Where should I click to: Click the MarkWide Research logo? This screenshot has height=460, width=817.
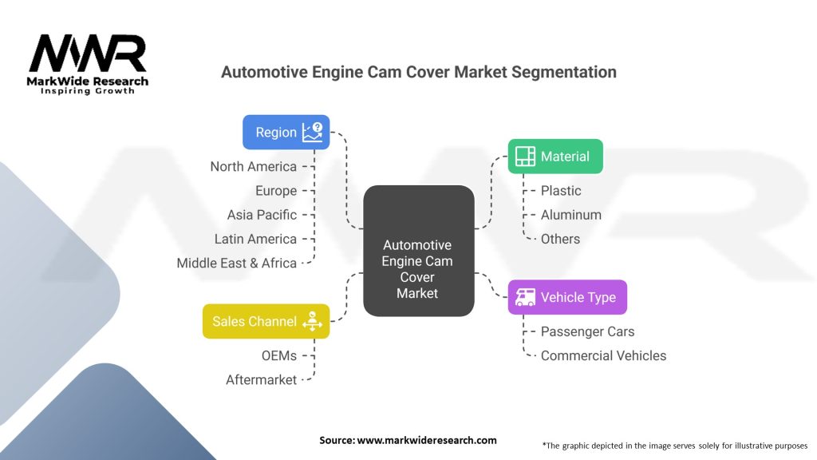(x=88, y=64)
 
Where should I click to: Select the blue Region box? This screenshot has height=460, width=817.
(x=286, y=132)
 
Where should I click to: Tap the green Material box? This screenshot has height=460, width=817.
(x=555, y=157)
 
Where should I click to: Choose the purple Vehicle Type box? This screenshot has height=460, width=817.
(x=567, y=297)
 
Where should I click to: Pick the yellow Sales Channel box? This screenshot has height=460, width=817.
(x=266, y=321)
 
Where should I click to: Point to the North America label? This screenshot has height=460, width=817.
(x=253, y=167)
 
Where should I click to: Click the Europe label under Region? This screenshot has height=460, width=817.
(x=275, y=191)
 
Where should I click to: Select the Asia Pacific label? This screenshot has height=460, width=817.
(x=262, y=215)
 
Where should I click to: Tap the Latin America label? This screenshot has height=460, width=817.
(x=255, y=239)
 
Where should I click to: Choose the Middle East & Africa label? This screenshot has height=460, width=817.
(x=236, y=263)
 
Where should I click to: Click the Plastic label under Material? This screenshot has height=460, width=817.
(x=561, y=191)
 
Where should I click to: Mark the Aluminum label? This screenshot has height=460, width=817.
(x=570, y=215)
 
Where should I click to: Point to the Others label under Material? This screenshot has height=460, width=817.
(x=560, y=239)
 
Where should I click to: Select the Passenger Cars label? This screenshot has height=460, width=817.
(x=587, y=331)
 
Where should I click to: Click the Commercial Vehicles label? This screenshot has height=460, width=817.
(x=603, y=355)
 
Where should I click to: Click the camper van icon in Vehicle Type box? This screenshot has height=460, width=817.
(x=525, y=297)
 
